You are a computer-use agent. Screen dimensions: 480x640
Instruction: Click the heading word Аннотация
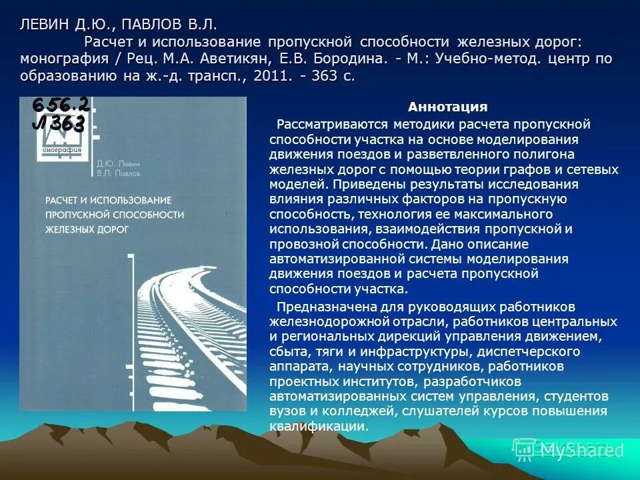coord(448,107)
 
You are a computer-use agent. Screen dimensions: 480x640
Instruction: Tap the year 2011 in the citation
coord(267,76)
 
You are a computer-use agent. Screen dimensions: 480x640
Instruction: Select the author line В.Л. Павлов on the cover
coord(118,173)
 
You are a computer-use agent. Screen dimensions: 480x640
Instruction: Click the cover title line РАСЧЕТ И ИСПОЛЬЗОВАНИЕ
coord(109,199)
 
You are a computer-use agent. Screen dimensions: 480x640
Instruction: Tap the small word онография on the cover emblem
coord(61,150)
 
